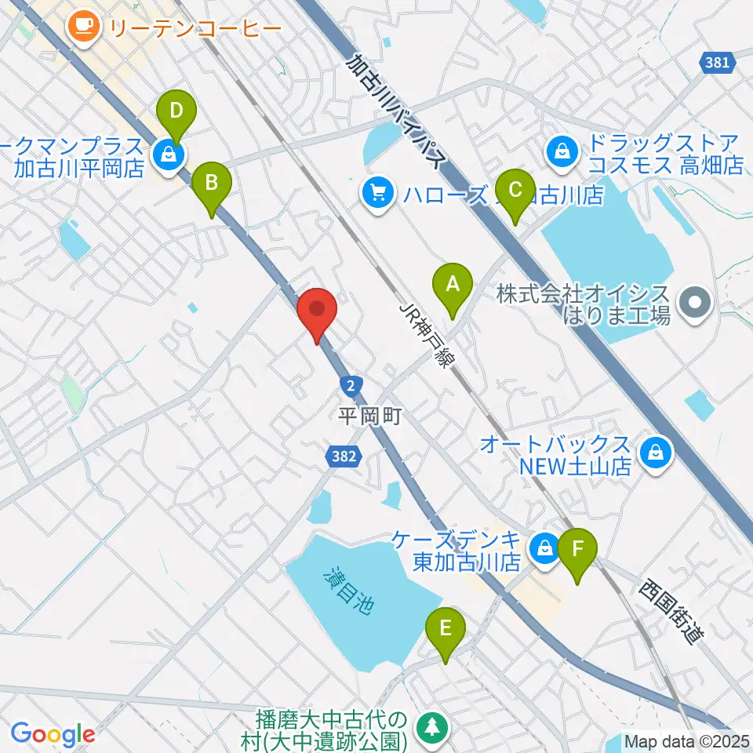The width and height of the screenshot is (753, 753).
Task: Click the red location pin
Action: pyautogui.click(x=318, y=312)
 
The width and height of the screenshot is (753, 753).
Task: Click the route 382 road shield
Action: pyautogui.click(x=345, y=457)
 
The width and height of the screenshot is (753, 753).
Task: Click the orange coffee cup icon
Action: pyautogui.click(x=82, y=28)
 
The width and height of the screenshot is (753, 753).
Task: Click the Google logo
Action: pyautogui.click(x=53, y=734)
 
